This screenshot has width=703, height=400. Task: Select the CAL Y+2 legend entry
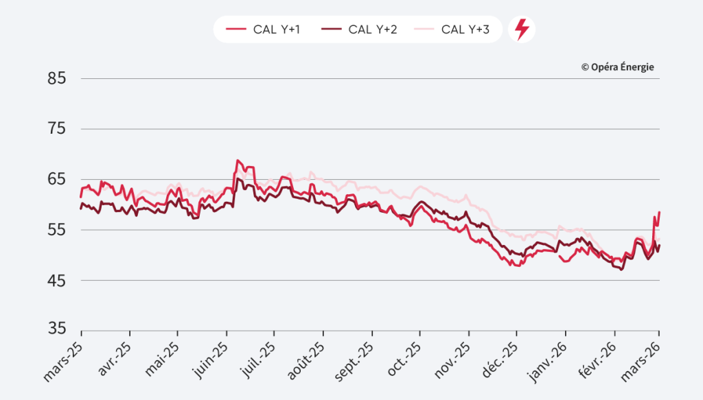360,30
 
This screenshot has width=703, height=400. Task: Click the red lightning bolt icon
522,30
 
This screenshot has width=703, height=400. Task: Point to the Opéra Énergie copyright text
617,67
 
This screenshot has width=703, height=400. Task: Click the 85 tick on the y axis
56,79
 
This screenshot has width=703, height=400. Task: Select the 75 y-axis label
56,129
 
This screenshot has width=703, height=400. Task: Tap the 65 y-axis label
56,180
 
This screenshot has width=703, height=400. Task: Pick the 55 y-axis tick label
56,230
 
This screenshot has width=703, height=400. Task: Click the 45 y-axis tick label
56,281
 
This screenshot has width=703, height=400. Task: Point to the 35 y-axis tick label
56,329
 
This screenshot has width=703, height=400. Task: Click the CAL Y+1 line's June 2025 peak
238,161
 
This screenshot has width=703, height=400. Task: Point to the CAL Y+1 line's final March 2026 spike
659,212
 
